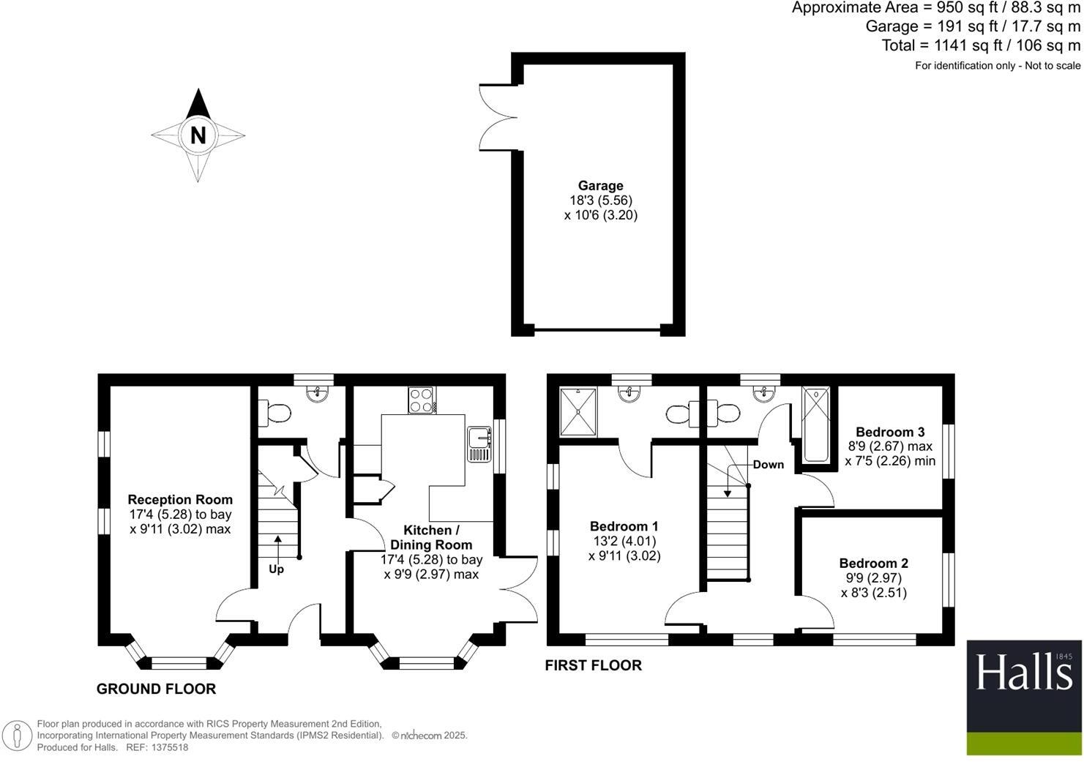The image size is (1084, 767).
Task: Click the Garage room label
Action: pyautogui.click(x=601, y=186)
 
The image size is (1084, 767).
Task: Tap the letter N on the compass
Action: pyautogui.click(x=198, y=135)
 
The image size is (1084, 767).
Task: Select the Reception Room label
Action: pyautogui.click(x=180, y=499)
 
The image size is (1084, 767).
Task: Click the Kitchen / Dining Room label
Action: pyautogui.click(x=431, y=538)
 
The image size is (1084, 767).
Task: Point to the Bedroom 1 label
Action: pyautogui.click(x=624, y=526)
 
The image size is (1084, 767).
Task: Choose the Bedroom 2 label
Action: pyautogui.click(x=873, y=564)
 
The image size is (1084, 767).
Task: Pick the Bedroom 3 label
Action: pyautogui.click(x=890, y=432)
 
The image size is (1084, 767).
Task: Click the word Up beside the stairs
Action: pyautogui.click(x=277, y=569)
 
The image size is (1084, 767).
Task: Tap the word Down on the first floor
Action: pyautogui.click(x=768, y=465)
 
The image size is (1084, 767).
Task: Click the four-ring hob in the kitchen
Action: pyautogui.click(x=421, y=400)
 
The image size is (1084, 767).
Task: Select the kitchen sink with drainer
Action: pyautogui.click(x=479, y=444)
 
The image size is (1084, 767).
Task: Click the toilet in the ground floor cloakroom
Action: pyautogui.click(x=274, y=414)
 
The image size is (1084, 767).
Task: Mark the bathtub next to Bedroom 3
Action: pyautogui.click(x=816, y=424)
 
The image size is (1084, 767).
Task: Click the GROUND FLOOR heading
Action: pyautogui.click(x=157, y=689)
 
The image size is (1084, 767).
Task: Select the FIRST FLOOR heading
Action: pyautogui.click(x=594, y=665)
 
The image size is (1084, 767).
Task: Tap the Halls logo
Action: pyautogui.click(x=1023, y=697)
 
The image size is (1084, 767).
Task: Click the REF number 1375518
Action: pyautogui.click(x=169, y=748)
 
